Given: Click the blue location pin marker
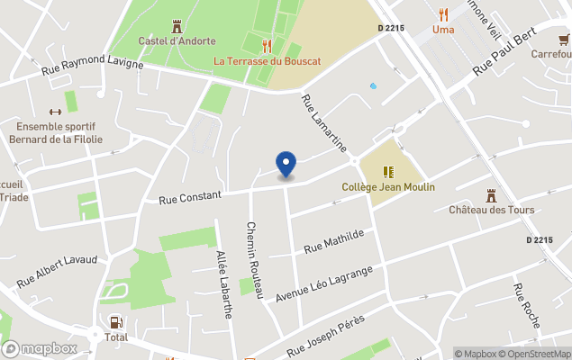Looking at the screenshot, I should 286,165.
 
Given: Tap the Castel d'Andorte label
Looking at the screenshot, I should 176,40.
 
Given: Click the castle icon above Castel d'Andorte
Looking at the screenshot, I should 176,26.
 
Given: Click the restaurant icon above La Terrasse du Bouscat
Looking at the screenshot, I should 266,45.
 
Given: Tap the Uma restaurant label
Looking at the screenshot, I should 442,29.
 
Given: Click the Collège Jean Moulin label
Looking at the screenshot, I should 388,187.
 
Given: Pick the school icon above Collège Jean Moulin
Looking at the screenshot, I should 388,171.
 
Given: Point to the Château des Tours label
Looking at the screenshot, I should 491,211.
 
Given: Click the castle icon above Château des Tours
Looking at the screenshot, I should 491,194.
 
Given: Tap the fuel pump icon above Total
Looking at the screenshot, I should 115,322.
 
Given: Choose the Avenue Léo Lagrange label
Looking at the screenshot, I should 323,283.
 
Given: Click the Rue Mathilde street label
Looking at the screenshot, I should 334,240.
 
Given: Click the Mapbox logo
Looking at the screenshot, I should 40,348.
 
